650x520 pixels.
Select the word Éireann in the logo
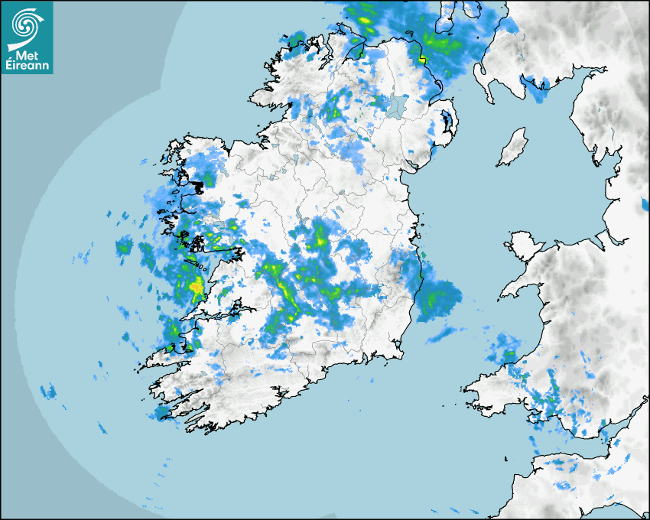coord(28,66)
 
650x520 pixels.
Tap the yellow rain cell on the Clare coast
coord(197,287)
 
